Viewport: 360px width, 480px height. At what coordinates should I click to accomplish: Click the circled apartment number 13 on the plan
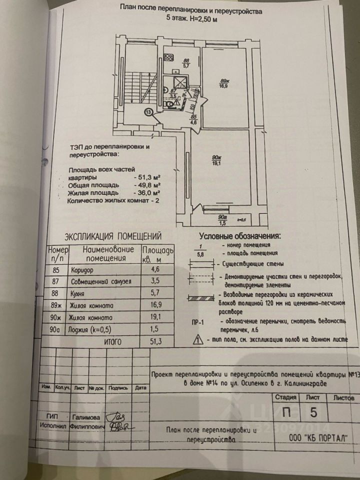pyautogui.click(x=148, y=113)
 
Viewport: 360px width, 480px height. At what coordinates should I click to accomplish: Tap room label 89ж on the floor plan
pyautogui.click(x=225, y=81)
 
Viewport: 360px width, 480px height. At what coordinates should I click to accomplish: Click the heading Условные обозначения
pyautogui.click(x=239, y=236)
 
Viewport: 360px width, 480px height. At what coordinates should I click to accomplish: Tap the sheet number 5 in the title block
pyautogui.click(x=313, y=413)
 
